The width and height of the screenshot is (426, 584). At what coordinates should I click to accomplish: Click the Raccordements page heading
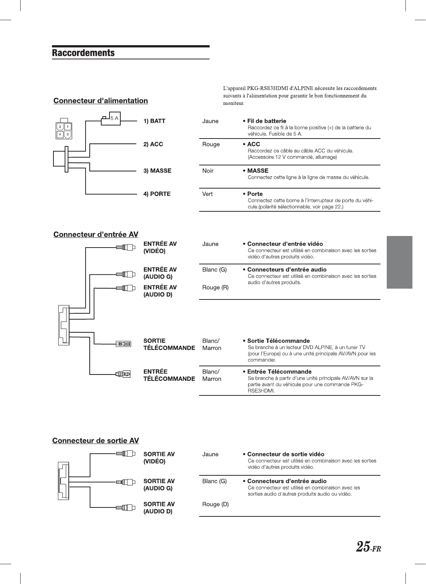point(83,53)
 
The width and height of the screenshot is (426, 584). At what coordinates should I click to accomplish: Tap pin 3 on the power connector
point(68,134)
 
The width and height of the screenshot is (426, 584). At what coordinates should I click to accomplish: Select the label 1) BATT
point(154,121)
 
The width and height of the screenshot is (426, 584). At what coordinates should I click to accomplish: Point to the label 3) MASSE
point(157,171)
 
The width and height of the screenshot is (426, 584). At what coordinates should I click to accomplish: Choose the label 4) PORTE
point(157,194)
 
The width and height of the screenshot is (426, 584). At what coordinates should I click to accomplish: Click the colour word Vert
point(207,194)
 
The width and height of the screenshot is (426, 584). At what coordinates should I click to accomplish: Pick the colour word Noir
point(208,171)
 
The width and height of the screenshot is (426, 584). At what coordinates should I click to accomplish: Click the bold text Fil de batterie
point(266,121)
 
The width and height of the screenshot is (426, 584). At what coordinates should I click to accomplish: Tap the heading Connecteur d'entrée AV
point(96,234)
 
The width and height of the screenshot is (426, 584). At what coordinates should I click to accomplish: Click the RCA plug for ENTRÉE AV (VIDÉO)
point(126,247)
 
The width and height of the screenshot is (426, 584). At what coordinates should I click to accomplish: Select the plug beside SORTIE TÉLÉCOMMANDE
point(123,344)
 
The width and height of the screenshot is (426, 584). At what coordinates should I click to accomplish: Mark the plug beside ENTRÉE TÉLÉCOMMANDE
point(123,374)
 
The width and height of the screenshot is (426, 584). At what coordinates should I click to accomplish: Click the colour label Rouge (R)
point(215,287)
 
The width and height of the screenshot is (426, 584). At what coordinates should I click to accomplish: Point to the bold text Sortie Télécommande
point(278,341)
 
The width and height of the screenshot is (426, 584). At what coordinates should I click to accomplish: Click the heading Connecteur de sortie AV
point(96,441)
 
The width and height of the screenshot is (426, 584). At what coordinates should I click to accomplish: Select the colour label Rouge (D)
point(215,504)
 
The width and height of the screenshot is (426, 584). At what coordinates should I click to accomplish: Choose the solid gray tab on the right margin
point(399,262)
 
